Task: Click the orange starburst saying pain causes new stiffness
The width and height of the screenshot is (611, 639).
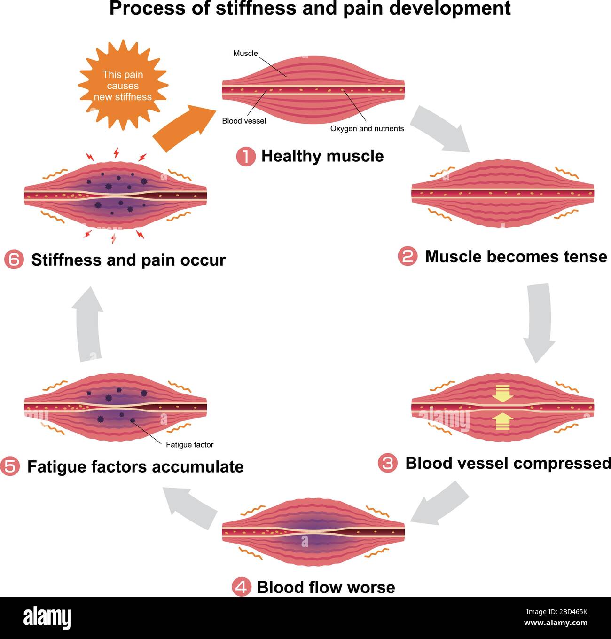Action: pos(123,85)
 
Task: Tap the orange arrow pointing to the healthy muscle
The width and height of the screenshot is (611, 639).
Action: pos(183,128)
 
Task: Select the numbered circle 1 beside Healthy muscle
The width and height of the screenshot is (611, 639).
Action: pos(245,157)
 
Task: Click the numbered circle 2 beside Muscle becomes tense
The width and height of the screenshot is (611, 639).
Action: pos(407,257)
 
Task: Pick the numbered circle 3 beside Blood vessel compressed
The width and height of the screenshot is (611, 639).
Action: pos(387,464)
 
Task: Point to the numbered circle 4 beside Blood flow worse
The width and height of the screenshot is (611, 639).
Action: pos(242,587)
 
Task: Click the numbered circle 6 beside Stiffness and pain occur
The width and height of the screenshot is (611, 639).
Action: pos(13,260)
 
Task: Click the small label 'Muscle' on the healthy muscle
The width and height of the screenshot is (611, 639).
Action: pos(245,54)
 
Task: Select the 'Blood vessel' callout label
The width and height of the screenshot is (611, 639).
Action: pos(244,121)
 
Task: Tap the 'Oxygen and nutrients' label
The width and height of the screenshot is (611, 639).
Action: pos(367,128)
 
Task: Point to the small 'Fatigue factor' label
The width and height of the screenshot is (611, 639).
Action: pos(189,445)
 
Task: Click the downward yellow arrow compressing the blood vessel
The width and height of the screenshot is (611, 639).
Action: pos(502,394)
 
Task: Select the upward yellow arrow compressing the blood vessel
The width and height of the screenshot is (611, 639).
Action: pos(502,421)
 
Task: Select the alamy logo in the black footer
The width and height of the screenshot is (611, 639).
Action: pos(47,617)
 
